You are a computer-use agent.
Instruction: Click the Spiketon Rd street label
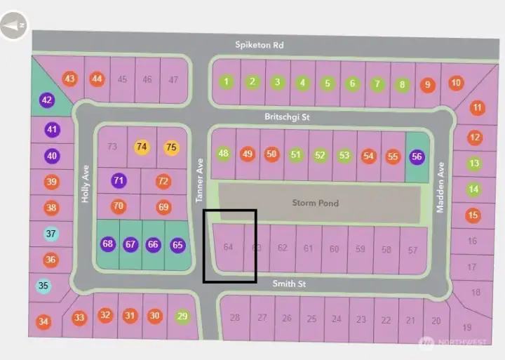coord(259,45)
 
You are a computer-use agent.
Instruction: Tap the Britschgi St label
coord(287,117)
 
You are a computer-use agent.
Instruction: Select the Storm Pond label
coord(315,204)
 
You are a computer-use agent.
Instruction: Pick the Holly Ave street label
coord(86,184)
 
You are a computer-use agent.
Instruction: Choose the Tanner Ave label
coord(199,180)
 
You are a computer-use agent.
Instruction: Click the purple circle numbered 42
coord(47,100)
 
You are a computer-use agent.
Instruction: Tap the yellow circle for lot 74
coord(142,147)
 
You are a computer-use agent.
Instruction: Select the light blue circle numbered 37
coord(50,234)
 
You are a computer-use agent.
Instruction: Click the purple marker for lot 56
coord(417,156)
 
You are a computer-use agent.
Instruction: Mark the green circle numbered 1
coord(227,82)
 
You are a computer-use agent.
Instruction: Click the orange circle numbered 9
coord(427,85)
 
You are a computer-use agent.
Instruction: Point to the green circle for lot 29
coord(183,316)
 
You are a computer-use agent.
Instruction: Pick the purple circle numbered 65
coord(177,245)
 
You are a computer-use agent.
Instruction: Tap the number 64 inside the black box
coord(228,247)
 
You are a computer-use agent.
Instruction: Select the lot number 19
coord(468,327)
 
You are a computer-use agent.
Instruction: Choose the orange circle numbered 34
coord(44,322)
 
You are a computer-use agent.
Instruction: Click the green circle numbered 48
coord(224,154)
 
